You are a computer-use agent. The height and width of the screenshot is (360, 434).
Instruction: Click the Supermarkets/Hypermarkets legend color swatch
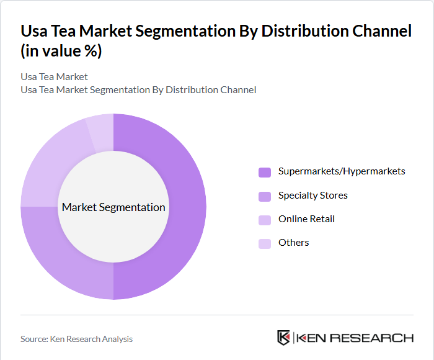coord(265,172)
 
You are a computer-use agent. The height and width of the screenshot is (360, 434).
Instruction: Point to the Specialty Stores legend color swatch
coord(265,196)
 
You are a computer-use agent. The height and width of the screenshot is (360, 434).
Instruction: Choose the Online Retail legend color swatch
coord(265,220)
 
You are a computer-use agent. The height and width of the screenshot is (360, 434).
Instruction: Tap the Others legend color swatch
coord(265,243)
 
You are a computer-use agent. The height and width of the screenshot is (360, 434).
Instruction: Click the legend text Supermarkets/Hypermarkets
coord(342,171)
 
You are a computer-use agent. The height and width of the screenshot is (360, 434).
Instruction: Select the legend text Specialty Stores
coord(312,196)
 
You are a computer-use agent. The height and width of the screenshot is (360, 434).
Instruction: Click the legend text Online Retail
coord(306,219)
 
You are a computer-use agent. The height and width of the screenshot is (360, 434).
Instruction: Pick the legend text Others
coord(293,243)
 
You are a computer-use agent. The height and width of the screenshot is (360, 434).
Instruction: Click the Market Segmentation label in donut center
coord(113,207)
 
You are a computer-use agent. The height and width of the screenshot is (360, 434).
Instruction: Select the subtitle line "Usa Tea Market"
coord(54,77)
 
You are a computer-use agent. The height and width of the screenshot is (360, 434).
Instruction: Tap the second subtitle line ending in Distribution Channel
coord(138,90)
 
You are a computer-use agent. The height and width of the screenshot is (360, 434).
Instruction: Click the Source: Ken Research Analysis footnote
coord(76,339)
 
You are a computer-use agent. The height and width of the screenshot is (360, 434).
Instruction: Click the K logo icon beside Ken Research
coord(283,338)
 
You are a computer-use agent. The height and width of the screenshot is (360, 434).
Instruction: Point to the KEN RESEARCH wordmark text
coord(355,338)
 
